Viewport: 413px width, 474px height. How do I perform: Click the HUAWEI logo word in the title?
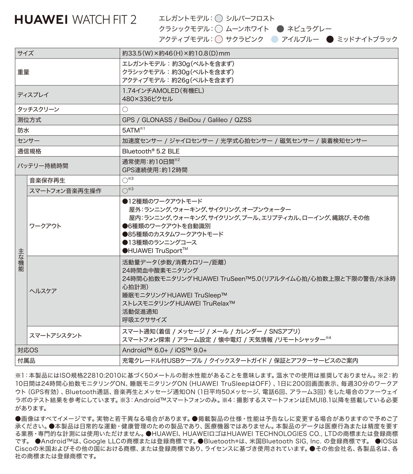tap(41, 20)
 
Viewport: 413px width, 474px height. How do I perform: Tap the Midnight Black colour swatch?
tap(330, 39)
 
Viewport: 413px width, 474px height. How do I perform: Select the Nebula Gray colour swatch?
tap(280, 29)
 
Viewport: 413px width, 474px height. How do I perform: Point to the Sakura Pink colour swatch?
tap(219, 39)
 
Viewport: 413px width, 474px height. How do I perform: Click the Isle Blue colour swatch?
tap(275, 39)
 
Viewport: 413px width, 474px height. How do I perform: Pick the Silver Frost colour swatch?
tap(219, 19)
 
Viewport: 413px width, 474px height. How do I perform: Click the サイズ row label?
tap(26, 53)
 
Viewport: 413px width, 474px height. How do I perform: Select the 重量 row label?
tap(24, 72)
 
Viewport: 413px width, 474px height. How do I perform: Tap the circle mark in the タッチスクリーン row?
tap(125, 110)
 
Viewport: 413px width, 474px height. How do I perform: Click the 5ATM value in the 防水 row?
tap(131, 130)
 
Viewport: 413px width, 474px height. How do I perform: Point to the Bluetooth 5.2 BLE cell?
tap(151, 151)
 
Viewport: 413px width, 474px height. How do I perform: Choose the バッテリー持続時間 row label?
tap(43, 166)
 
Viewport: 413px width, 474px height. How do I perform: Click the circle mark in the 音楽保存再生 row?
tap(125, 181)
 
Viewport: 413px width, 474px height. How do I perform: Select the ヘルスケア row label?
tap(43, 291)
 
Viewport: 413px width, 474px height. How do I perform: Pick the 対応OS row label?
tap(28, 350)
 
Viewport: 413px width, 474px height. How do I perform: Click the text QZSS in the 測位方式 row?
tap(243, 120)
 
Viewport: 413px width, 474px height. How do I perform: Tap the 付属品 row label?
tap(26, 361)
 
